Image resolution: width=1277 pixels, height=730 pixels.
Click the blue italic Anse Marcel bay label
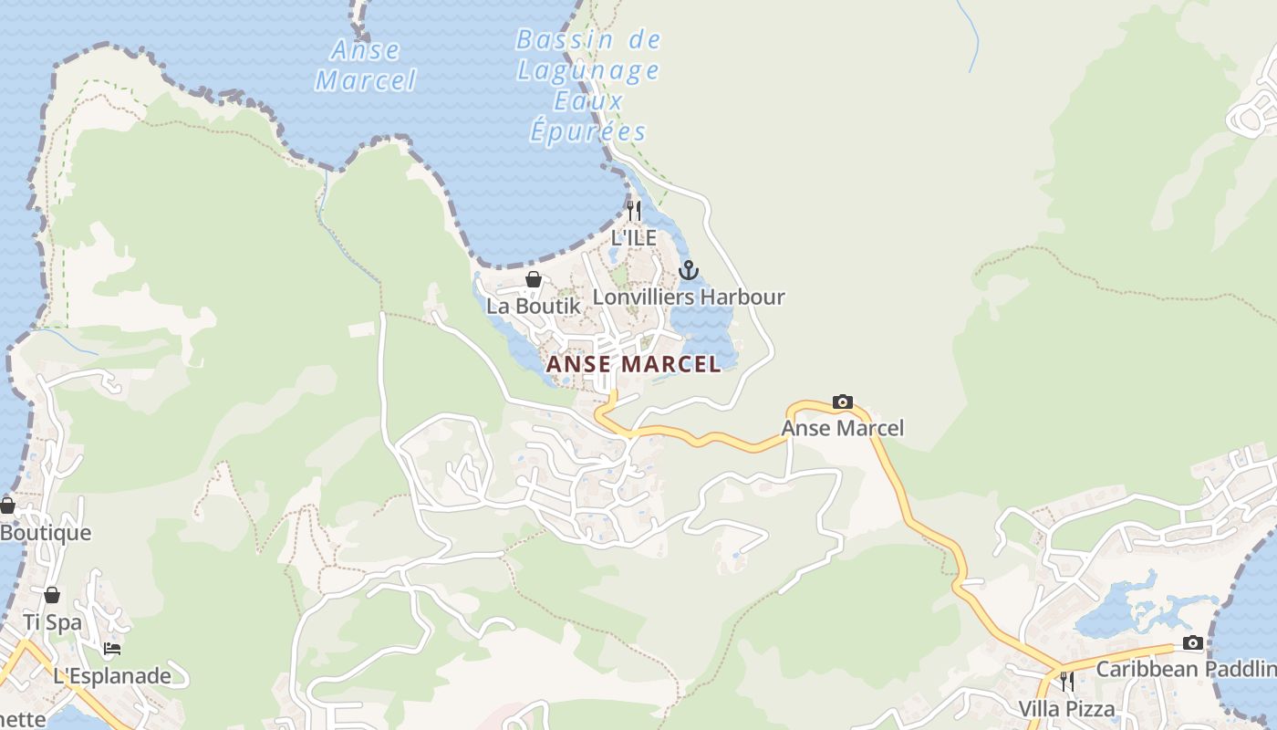pos(366,65)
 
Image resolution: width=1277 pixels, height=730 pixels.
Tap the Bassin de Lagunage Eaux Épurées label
pos(588,86)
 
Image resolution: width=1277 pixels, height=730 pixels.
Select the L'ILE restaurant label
pos(634,238)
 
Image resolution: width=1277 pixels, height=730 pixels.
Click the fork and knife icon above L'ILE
pos(634,210)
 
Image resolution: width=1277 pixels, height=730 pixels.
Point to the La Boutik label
pos(534,307)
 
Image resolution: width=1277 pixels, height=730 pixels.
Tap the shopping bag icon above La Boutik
pos(534,279)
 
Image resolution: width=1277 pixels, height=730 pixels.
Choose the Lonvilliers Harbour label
pos(689,297)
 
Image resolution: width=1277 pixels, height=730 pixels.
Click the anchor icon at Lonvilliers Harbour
pos(689,270)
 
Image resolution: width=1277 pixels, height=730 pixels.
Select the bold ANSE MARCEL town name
pos(634,364)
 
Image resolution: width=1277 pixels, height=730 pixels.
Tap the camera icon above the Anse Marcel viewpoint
pos(843,401)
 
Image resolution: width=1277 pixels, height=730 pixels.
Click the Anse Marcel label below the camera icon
pos(843,428)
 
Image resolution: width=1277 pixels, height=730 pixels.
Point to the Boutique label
pos(46,533)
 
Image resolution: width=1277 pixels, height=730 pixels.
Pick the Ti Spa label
pos(52,622)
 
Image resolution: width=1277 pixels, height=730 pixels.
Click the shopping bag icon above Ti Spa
pos(52,595)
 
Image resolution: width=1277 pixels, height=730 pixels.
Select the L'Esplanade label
pos(112,676)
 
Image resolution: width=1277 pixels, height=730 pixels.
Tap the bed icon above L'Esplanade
pos(112,649)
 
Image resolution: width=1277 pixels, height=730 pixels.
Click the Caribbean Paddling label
pos(1186,669)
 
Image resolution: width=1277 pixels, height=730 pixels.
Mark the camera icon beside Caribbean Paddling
pos(1192,642)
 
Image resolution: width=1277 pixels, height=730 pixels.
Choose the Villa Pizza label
pos(1066,709)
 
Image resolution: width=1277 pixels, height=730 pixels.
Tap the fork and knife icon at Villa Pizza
pos(1066,682)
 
